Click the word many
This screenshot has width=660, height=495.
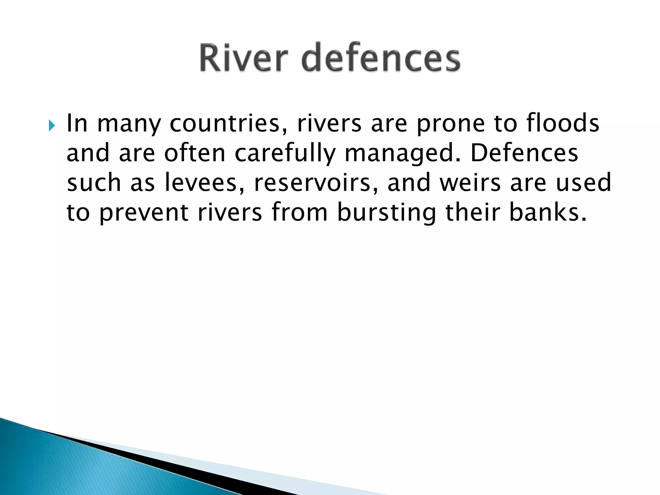point(129,124)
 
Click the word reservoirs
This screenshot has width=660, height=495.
point(312,182)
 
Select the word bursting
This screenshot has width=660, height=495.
point(386,213)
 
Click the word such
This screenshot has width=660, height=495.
point(94,182)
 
